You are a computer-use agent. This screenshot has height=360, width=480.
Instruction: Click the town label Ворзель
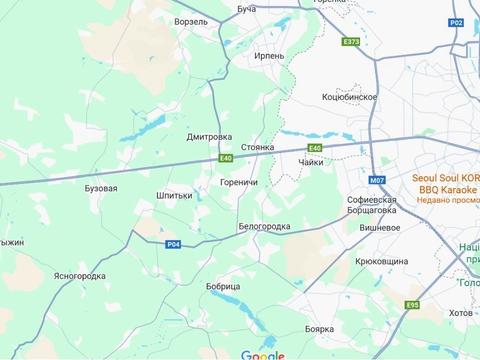click(x=190, y=20)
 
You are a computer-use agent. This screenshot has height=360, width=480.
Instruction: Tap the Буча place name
click(x=247, y=8)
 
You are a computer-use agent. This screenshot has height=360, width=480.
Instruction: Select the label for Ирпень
click(x=270, y=56)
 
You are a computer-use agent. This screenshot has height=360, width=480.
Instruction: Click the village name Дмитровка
click(x=209, y=137)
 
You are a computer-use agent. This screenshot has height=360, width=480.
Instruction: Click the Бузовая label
click(x=102, y=188)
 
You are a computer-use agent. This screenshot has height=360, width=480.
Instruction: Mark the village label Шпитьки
click(x=175, y=195)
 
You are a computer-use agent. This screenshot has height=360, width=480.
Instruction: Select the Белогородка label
click(x=264, y=227)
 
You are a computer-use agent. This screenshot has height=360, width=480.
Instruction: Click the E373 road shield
click(x=350, y=42)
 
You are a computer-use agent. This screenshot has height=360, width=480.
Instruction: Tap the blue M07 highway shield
click(x=377, y=180)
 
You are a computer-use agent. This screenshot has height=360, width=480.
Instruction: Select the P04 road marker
click(x=174, y=244)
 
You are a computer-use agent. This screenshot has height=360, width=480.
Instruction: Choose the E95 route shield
click(x=413, y=305)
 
